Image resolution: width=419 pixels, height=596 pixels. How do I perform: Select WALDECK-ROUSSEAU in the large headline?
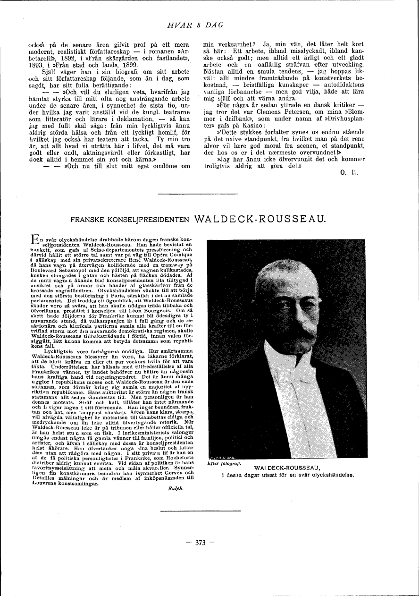pyautogui.click(x=260, y=219)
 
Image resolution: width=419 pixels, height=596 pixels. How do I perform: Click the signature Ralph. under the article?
pyautogui.click(x=175, y=490)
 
